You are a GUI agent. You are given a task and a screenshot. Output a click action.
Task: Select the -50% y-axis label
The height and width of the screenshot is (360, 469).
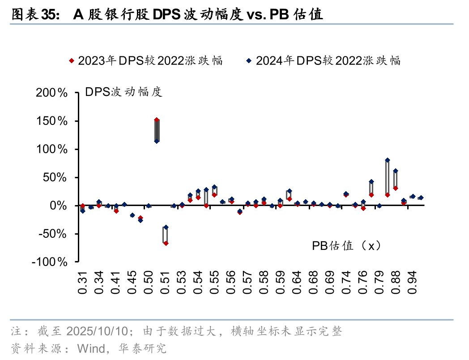(x=51, y=234)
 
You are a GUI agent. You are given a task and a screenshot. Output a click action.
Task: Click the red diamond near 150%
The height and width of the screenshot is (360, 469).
(x=157, y=120)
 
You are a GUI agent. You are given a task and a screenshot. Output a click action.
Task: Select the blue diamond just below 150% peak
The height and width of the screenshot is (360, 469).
(x=157, y=141)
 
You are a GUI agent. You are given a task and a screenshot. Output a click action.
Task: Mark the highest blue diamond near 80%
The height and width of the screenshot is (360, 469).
(x=388, y=160)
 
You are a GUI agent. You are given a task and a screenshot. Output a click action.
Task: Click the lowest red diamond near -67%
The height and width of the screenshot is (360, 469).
(x=166, y=243)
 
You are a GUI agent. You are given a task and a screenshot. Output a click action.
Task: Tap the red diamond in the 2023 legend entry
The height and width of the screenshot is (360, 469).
(x=71, y=60)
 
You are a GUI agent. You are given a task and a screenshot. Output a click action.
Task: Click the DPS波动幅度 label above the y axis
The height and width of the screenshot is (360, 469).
(x=124, y=92)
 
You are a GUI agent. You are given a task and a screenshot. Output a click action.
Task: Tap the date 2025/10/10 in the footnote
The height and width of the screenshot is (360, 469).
(x=98, y=331)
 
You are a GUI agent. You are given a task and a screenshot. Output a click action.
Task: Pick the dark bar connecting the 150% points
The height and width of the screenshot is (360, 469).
(x=157, y=131)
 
